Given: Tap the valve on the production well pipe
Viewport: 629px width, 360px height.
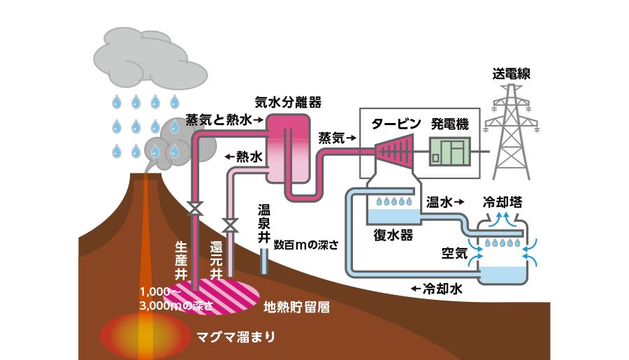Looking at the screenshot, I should coord(196,208).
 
